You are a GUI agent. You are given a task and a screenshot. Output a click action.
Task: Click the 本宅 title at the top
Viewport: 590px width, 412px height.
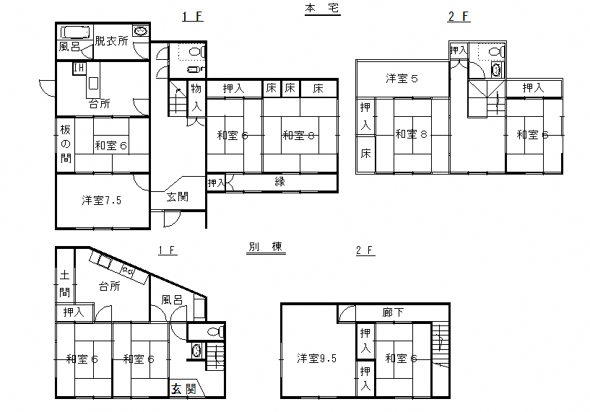tap(323, 8)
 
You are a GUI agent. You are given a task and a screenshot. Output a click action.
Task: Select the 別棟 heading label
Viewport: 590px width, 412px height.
tap(266, 247)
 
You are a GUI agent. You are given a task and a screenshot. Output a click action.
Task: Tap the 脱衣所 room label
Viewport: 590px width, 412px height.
tap(111, 40)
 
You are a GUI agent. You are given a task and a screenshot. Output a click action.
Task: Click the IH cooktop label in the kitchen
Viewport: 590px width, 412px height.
tap(79, 68)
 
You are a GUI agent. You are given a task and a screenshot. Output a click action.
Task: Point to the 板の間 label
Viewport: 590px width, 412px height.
tap(66, 144)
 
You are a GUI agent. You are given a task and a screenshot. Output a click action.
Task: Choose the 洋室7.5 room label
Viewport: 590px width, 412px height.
tap(102, 200)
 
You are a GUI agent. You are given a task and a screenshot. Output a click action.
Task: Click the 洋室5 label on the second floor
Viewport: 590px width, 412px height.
tap(402, 78)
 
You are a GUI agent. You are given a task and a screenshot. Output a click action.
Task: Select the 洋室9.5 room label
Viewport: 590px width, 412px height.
tap(316, 358)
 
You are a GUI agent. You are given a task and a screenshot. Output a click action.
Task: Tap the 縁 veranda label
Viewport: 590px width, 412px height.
tap(279, 182)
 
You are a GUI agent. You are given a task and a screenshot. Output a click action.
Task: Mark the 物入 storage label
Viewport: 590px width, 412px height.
tap(196, 97)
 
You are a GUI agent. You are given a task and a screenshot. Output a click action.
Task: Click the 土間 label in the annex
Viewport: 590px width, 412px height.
tap(65, 284)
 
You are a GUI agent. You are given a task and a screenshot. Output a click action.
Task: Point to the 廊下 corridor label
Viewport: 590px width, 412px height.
tap(393, 312)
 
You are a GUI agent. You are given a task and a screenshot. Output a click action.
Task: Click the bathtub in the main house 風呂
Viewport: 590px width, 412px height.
tap(76, 32)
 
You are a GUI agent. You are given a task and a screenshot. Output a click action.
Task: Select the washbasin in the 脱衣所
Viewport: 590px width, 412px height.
tap(141, 31)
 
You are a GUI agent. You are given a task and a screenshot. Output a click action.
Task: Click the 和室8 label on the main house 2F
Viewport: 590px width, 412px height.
tap(412, 133)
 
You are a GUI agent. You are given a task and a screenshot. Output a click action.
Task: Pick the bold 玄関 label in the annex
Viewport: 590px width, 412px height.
tap(183, 389)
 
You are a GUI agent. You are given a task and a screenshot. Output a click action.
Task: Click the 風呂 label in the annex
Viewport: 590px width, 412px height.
tap(172, 299)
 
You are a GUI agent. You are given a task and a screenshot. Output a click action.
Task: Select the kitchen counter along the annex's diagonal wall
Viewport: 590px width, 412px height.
tap(118, 267)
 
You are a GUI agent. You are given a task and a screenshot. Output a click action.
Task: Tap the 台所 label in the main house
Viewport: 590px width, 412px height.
tap(100, 103)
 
